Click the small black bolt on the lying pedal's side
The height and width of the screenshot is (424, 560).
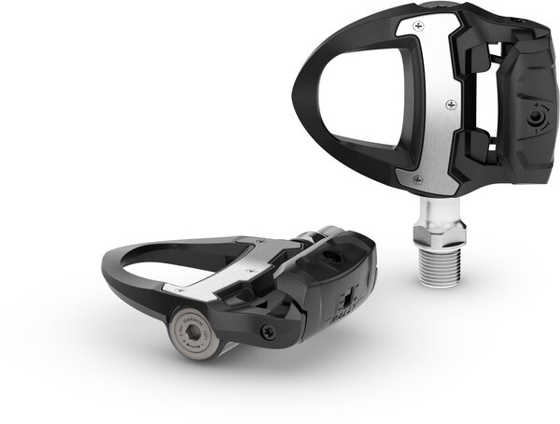(x=269, y=330)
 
